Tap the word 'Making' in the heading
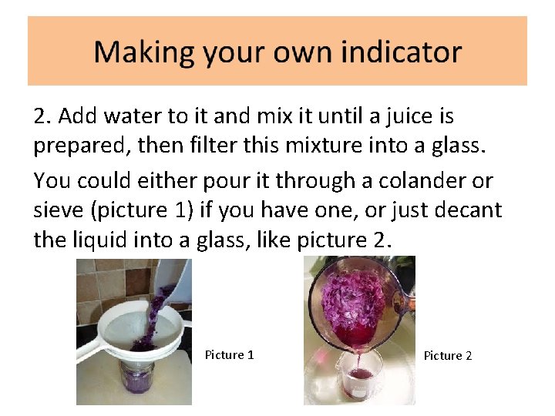pyautogui.click(x=144, y=53)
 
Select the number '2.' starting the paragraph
pyautogui.click(x=43, y=116)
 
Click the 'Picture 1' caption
pyautogui.click(x=229, y=355)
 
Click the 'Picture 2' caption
pyautogui.click(x=448, y=356)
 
